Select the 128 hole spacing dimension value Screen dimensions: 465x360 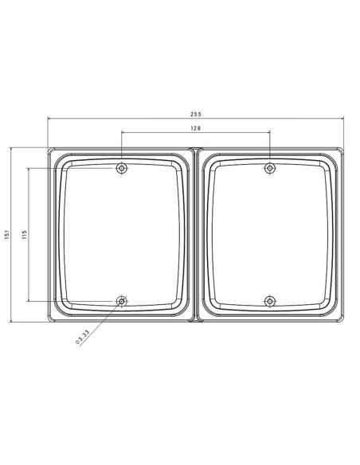(196, 128)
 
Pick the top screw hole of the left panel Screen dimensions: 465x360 (121, 168)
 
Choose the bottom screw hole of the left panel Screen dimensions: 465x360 (121, 301)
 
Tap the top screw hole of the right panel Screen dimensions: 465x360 (270, 168)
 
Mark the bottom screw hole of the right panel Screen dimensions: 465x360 (270, 301)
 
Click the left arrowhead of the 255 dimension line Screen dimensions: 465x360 (50, 120)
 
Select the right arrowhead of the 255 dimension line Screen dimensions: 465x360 (342, 120)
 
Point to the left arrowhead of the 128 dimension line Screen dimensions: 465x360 (123, 133)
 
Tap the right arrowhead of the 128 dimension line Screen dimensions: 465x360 (268, 133)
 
